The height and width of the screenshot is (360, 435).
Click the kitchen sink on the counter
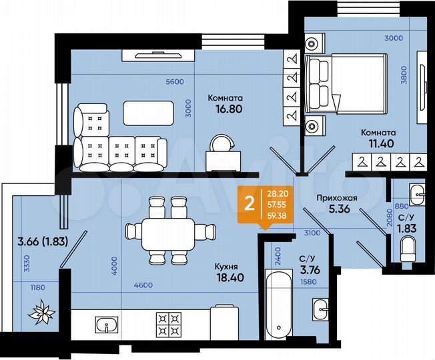coord(106,325)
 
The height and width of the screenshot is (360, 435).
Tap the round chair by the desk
coord(220,143)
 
